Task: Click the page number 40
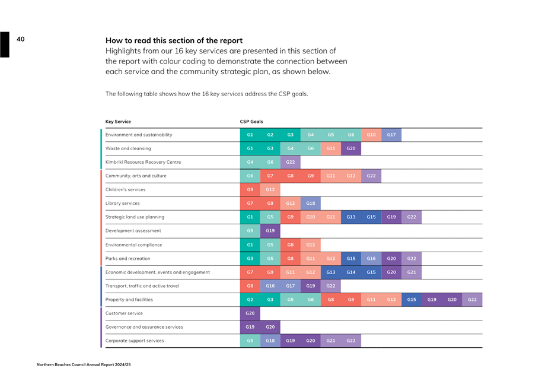(21, 39)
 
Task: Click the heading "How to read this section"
(174, 40)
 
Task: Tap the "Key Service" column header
(118, 122)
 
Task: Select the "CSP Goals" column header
(251, 122)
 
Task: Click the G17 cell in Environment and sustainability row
(391, 135)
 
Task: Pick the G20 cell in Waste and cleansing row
(351, 148)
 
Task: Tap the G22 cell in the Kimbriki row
(291, 162)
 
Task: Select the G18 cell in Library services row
(311, 204)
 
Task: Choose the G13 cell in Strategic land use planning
(351, 217)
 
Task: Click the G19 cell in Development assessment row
(270, 231)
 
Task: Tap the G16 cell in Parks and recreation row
(371, 259)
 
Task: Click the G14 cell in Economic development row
(351, 272)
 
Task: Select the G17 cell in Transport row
(291, 286)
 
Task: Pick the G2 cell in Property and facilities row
(250, 300)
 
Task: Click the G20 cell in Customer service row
(250, 313)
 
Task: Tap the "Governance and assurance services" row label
(144, 327)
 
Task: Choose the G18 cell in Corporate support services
(270, 341)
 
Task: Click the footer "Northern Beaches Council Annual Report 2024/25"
(84, 364)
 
